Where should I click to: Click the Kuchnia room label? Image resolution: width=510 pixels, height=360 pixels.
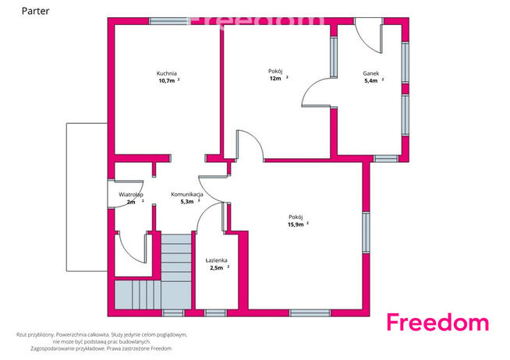167,73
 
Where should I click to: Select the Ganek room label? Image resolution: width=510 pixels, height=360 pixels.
370,73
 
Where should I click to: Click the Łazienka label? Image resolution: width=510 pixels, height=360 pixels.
216,260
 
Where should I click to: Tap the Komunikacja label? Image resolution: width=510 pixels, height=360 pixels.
187,194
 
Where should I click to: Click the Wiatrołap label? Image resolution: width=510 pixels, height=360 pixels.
131,195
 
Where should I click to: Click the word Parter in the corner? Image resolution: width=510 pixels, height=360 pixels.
35,11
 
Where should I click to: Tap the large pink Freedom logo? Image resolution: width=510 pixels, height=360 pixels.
437,322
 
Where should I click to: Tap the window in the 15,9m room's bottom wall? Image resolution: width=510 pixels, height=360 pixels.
310,313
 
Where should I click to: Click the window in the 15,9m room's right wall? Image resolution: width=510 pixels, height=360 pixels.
367,232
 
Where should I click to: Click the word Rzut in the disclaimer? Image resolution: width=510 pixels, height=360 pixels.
21,334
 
